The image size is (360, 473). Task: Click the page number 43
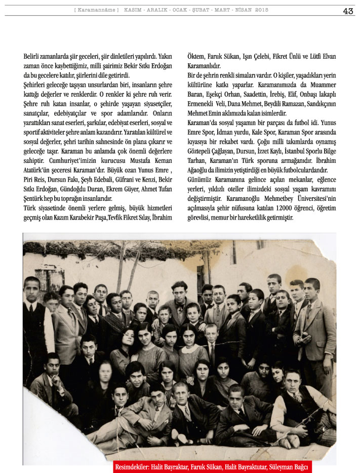coord(348,11)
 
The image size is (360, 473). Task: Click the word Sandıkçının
coord(319,104)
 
